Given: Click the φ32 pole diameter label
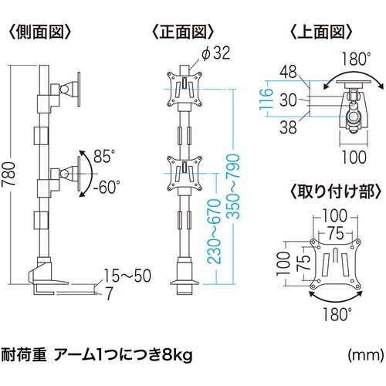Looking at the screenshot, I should tap(218, 53).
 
